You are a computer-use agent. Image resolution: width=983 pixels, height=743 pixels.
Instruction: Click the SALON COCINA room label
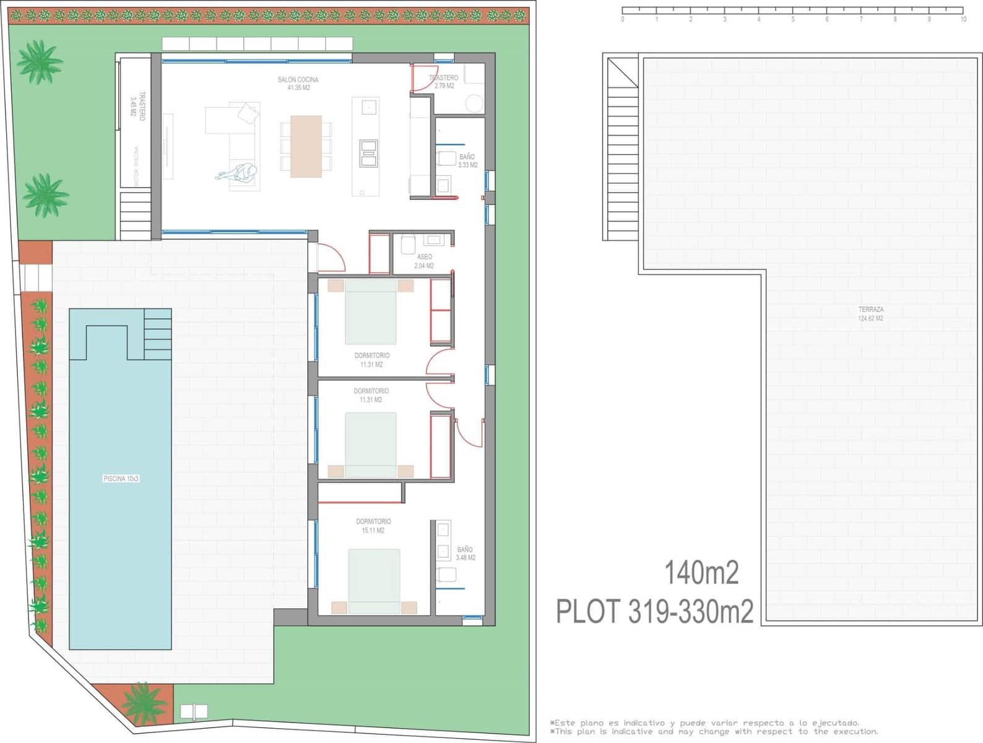(298, 84)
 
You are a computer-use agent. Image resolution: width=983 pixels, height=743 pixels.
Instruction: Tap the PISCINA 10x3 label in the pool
(121, 479)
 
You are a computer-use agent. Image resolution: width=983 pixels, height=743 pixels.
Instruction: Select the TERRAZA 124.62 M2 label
(870, 313)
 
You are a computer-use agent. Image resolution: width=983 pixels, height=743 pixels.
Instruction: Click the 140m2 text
(701, 573)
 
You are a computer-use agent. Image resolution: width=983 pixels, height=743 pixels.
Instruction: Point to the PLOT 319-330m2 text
(654, 612)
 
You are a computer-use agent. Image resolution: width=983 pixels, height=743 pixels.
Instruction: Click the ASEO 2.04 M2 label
(424, 261)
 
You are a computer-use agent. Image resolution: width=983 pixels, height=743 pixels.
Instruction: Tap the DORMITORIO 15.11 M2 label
(373, 526)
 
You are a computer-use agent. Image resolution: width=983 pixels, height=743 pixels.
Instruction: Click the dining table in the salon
(306, 146)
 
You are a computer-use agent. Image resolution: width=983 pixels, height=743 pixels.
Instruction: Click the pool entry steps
(157, 333)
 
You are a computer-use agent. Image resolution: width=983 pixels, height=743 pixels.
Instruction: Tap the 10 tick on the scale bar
(963, 19)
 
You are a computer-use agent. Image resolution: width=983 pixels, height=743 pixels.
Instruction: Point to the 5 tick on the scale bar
(792, 19)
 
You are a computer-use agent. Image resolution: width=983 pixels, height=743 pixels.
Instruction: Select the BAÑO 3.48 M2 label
(466, 554)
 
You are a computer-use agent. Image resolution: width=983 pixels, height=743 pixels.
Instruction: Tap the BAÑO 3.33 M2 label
(467, 161)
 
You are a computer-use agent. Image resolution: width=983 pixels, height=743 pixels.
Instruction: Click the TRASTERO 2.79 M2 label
(444, 82)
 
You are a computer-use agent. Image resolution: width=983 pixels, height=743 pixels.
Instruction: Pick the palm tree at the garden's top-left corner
(39, 62)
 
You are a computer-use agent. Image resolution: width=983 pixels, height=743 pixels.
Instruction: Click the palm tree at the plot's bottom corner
(143, 705)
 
